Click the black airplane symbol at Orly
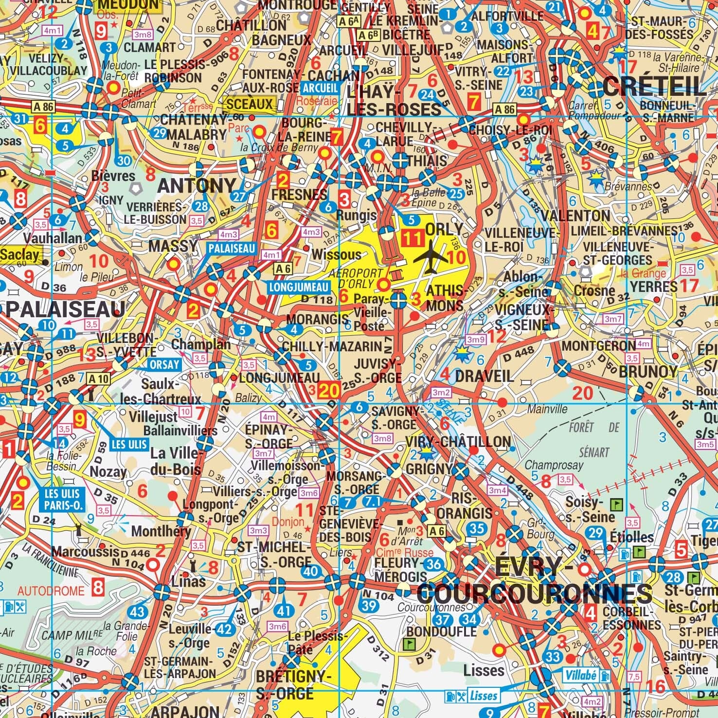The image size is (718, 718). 431,256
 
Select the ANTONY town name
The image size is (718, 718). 197,185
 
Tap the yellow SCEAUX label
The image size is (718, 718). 250,104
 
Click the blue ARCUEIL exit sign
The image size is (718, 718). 320,88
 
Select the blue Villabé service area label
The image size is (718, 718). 581,676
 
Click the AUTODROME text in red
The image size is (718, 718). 51,591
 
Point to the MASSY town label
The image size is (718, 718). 174,246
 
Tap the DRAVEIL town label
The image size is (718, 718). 484,376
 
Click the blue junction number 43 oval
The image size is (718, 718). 138,612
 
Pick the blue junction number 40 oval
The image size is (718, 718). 311,572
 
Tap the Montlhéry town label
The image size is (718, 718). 161,531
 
